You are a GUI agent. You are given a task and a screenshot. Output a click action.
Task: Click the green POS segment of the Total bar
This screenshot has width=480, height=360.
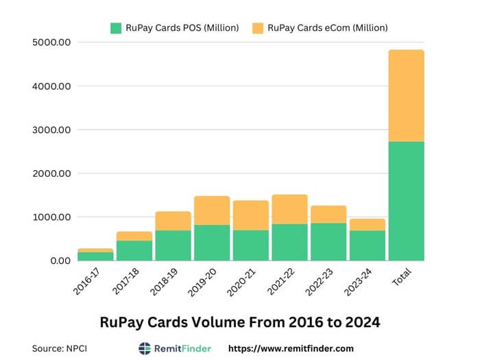pyautogui.click(x=406, y=201)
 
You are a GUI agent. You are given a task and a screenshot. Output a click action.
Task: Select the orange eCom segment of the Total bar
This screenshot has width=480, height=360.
pyautogui.click(x=406, y=95)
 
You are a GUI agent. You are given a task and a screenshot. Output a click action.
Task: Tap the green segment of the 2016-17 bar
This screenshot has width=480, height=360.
pyautogui.click(x=95, y=256)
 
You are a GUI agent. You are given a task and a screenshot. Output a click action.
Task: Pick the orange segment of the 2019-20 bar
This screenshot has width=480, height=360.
pyautogui.click(x=212, y=210)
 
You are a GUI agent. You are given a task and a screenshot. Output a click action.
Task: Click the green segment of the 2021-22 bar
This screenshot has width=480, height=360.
pyautogui.click(x=289, y=242)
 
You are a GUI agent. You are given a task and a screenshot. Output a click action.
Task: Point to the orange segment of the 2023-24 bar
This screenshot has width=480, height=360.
pyautogui.click(x=367, y=224)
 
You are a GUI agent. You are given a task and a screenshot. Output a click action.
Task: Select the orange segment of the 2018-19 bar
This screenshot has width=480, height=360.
pyautogui.click(x=173, y=220)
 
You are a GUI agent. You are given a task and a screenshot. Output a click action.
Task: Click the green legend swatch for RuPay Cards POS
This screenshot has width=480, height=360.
pyautogui.click(x=115, y=28)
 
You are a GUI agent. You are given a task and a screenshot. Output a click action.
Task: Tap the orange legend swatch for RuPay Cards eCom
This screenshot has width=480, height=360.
pyautogui.click(x=257, y=28)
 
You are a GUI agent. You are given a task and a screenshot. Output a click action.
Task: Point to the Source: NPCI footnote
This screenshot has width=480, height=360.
pyautogui.click(x=60, y=348)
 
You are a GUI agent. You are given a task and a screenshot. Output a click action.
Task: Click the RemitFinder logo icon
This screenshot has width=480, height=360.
pyautogui.click(x=145, y=348)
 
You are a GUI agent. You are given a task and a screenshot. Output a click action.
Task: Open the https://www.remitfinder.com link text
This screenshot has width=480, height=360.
pyautogui.click(x=291, y=348)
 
